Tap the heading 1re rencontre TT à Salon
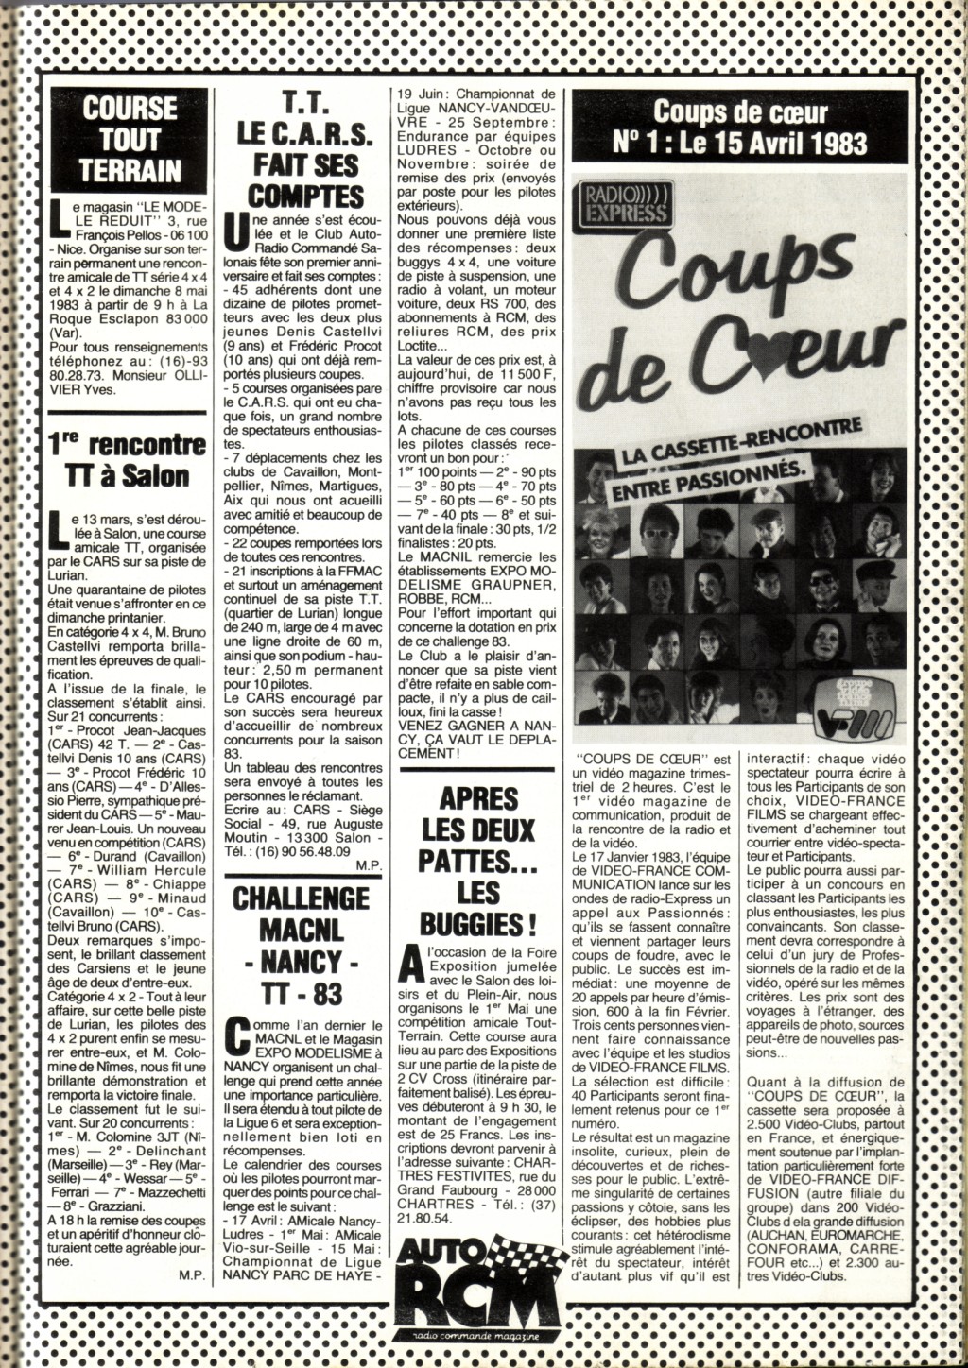[127, 458]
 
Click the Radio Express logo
[620, 201]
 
